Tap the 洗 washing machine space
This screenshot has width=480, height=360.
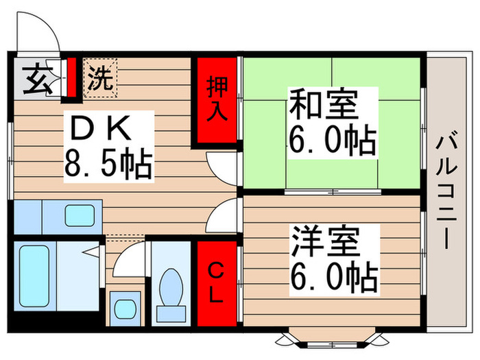(x=101, y=77)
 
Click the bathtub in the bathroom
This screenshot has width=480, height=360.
(x=34, y=275)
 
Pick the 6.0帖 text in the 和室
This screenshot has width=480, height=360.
(x=332, y=141)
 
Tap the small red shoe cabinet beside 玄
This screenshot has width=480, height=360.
(x=71, y=77)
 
